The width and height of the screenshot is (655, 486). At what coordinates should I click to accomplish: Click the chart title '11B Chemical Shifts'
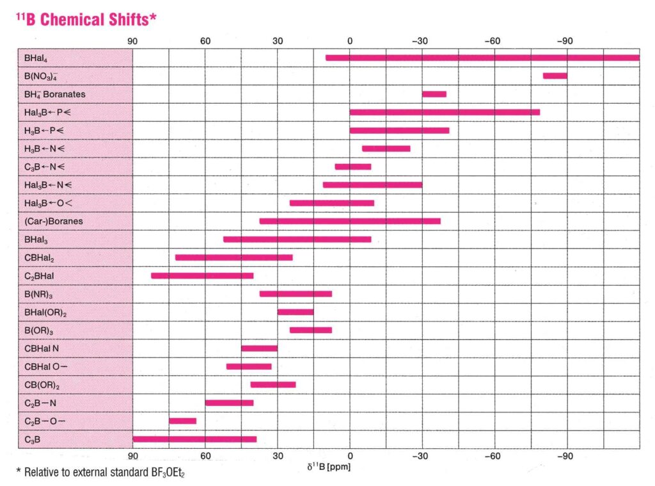(86, 19)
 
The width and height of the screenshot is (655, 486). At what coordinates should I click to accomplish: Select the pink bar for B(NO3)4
(555, 76)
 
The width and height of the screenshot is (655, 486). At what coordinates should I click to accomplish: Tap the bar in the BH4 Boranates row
(434, 94)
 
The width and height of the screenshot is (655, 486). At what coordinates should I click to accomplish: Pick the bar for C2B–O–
(182, 421)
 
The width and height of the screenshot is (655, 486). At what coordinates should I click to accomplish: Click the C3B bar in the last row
(194, 439)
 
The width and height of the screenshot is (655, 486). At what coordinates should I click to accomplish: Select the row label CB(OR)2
(42, 385)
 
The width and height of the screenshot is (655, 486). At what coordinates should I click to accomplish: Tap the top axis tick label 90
(133, 42)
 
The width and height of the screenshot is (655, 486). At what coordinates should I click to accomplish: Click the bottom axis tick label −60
(492, 457)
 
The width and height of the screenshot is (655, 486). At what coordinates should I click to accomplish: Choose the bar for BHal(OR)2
(295, 312)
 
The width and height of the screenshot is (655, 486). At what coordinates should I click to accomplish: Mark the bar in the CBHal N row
(259, 348)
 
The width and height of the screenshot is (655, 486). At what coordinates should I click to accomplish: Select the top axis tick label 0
(349, 42)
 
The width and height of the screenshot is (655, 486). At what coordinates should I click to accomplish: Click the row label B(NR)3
(38, 294)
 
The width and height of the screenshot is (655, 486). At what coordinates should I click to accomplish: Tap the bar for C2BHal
(202, 275)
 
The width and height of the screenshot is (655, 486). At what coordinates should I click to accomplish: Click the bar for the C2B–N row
(229, 403)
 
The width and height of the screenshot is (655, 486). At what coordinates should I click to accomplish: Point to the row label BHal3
(36, 239)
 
